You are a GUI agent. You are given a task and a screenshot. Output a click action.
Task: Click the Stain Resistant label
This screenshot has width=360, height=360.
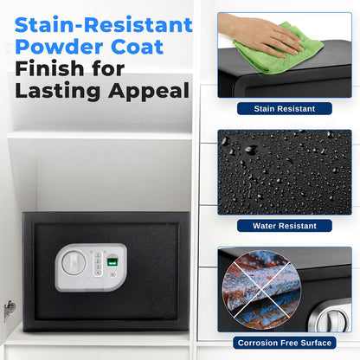(284, 109)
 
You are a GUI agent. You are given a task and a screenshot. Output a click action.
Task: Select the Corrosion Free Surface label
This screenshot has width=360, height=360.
(284, 343)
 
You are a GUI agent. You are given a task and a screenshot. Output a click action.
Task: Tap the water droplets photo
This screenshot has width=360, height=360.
(284, 170)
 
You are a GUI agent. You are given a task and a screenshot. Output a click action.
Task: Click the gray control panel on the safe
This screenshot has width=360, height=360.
(91, 265)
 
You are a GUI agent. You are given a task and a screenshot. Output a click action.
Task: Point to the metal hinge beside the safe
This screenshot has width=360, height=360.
(10, 308)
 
